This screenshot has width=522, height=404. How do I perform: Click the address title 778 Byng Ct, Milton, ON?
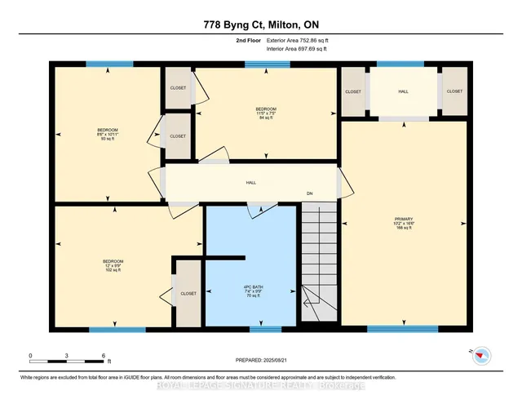[260, 24]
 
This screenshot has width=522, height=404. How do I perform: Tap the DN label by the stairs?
[310, 193]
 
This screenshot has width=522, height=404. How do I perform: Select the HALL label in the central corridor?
[252, 184]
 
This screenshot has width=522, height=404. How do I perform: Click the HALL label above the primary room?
[403, 92]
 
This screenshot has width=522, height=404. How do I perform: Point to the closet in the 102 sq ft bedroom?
[188, 292]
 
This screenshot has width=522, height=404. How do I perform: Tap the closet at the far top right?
[455, 92]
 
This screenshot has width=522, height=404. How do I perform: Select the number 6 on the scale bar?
[104, 355]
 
